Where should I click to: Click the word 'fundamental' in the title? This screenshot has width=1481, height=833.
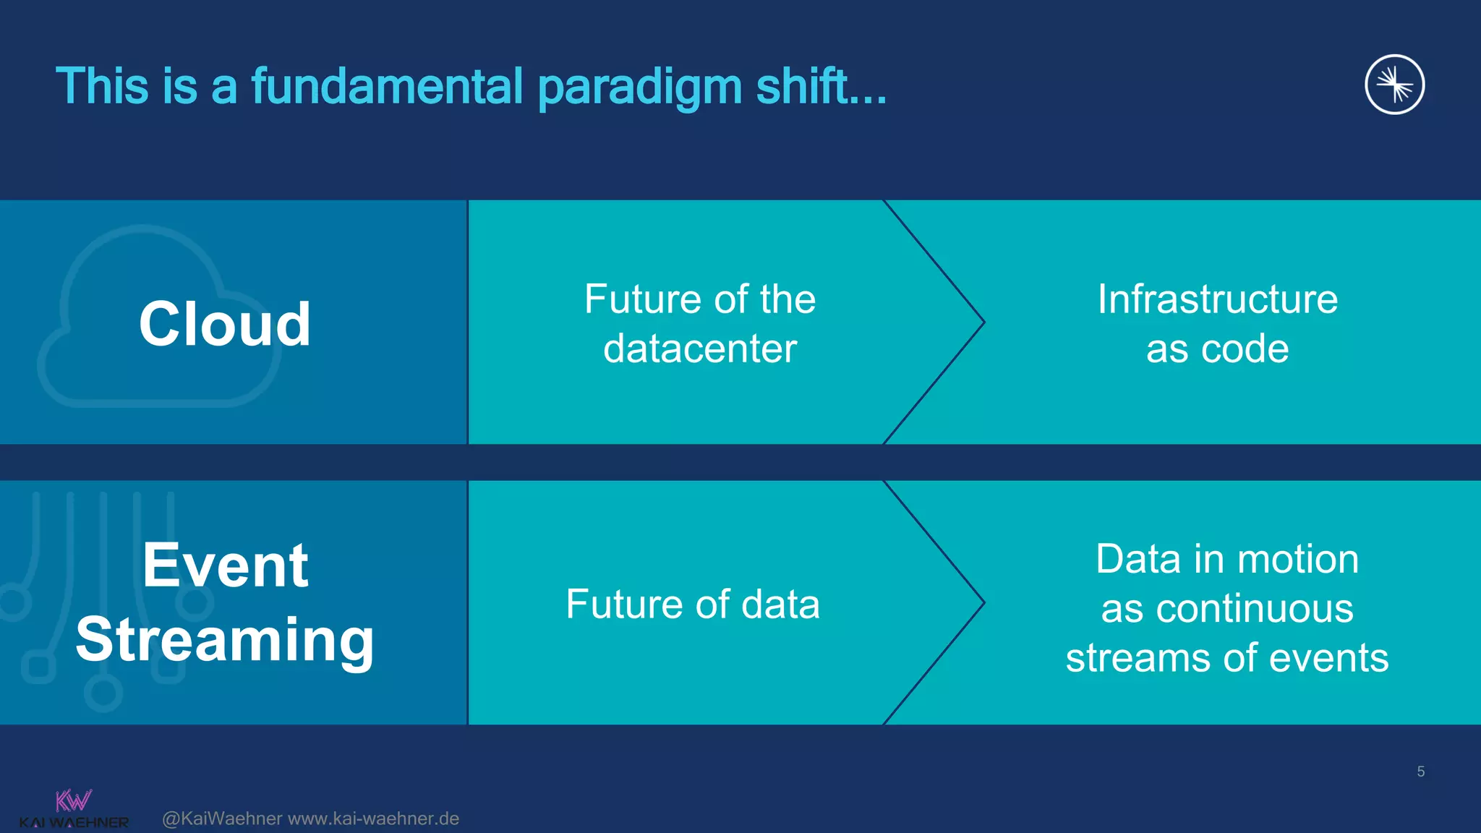(387, 87)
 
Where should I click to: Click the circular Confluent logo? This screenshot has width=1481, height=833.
(1394, 85)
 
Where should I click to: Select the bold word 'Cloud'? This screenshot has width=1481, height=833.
(225, 324)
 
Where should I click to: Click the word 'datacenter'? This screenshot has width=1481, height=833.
(700, 349)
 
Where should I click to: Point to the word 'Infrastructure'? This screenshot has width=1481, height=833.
(1217, 299)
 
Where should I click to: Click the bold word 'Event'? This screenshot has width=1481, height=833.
(225, 565)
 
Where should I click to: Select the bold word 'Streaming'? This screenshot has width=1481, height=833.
(225, 641)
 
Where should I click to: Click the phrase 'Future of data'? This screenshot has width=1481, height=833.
(692, 604)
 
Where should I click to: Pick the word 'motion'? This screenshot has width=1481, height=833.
(1299, 559)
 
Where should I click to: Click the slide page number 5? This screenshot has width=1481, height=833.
(1420, 772)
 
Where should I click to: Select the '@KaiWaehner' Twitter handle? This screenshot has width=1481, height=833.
(222, 819)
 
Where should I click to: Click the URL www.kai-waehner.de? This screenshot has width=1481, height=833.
(373, 819)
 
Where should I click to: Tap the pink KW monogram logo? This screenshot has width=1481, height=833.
(73, 800)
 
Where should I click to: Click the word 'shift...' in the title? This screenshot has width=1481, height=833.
(821, 87)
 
